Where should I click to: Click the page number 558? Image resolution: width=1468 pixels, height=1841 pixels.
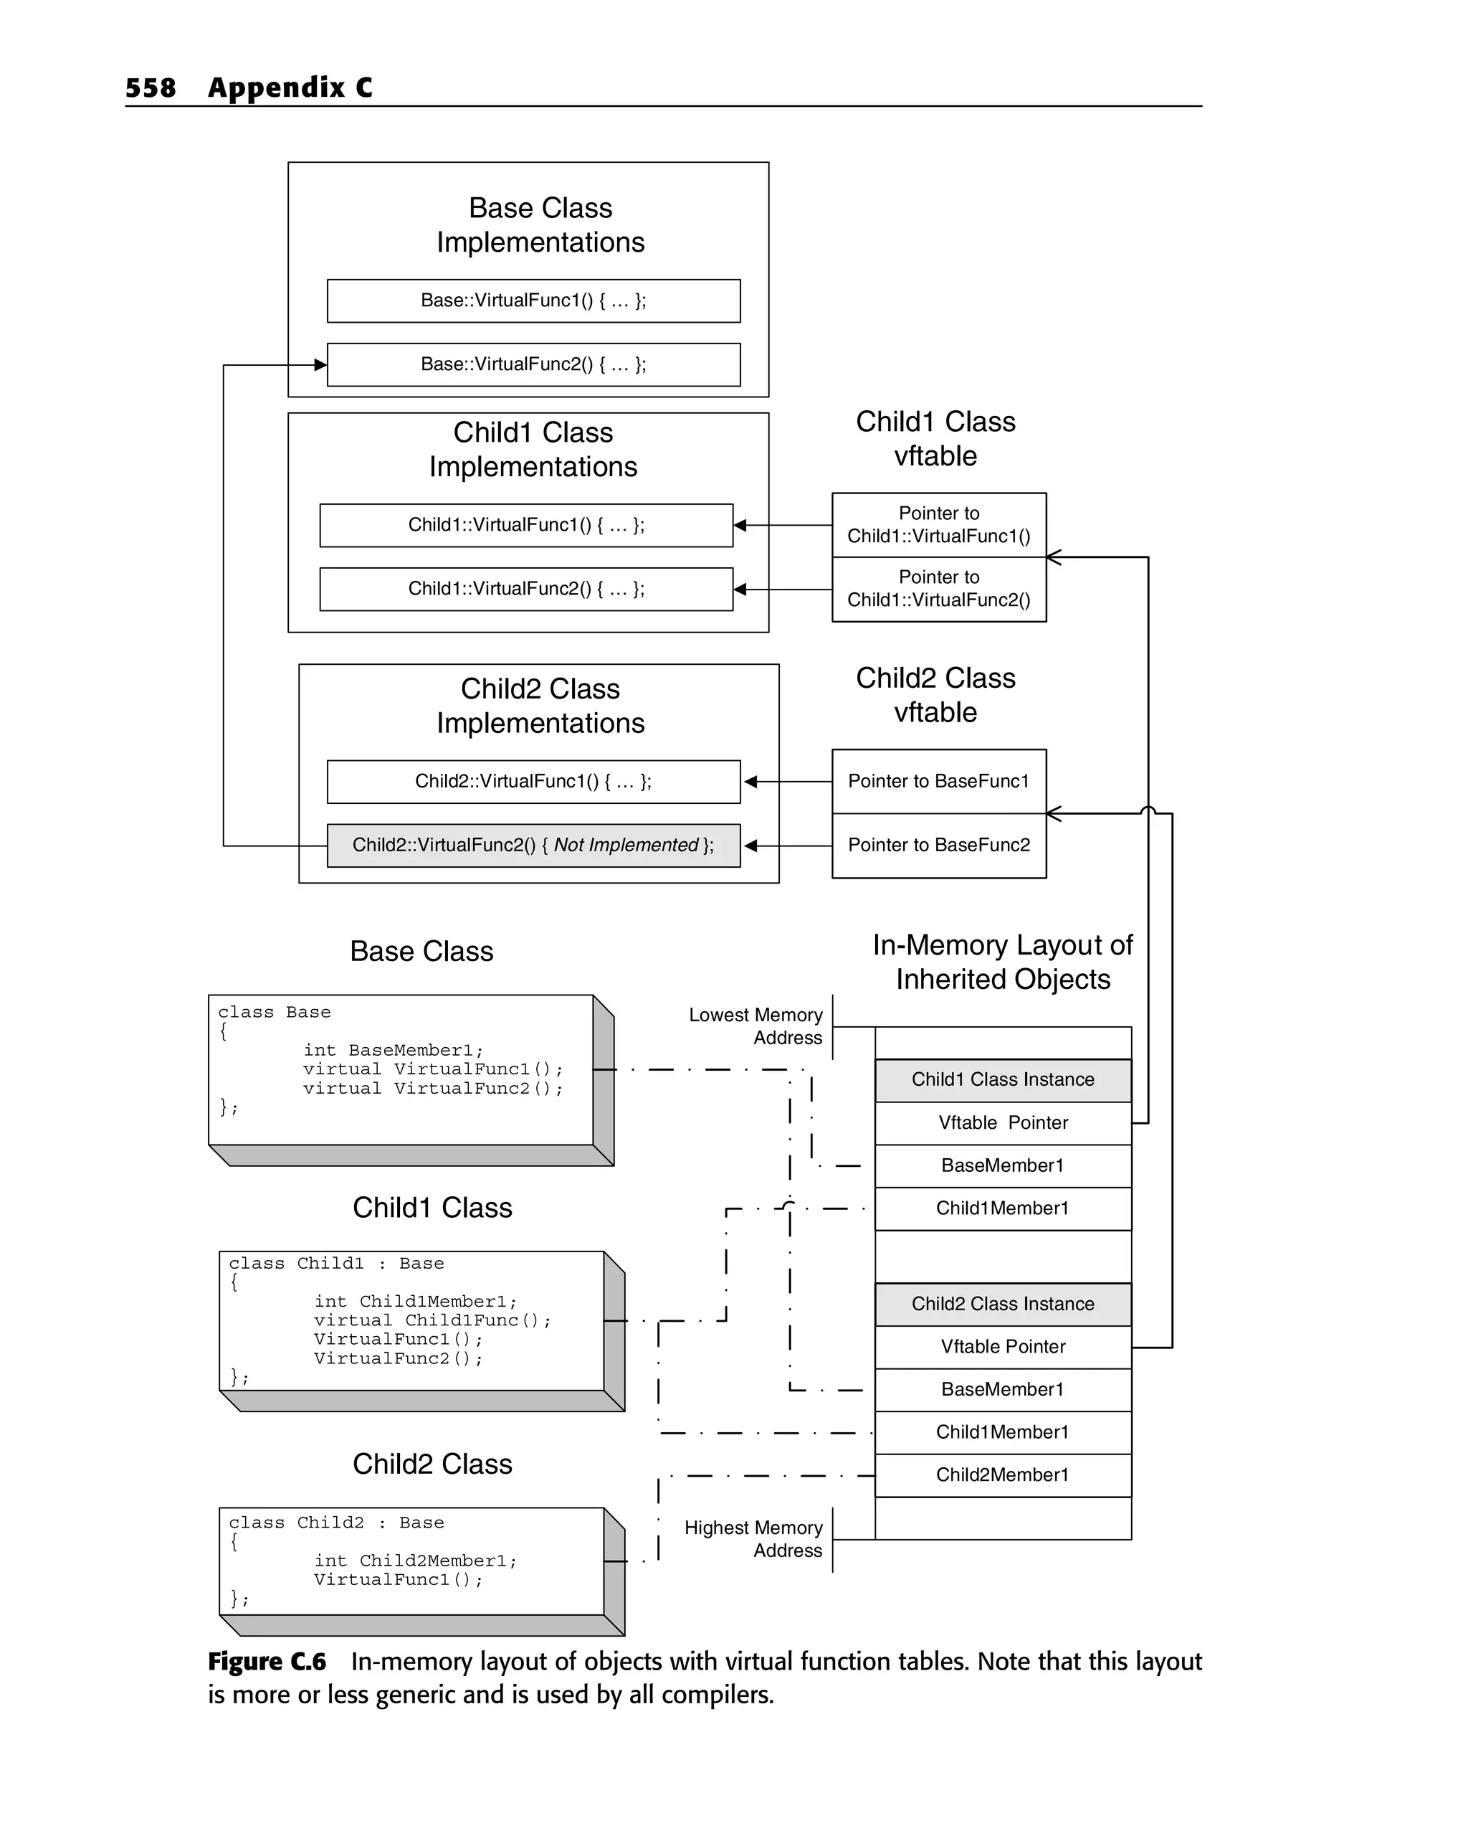coord(151,88)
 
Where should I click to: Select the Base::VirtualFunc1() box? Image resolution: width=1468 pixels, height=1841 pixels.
coord(533,300)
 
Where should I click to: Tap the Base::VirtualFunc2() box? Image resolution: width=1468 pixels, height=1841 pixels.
coord(533,364)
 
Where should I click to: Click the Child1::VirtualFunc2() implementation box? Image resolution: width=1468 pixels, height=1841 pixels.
coord(525,590)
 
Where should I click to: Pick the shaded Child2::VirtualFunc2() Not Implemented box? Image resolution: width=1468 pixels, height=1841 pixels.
coord(533,846)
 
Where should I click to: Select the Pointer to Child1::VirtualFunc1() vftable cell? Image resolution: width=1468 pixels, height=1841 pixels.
coord(939,525)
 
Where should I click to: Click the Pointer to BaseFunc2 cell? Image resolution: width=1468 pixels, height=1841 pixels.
coord(939,846)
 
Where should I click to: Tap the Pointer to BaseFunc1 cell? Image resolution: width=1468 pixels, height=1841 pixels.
coord(939,781)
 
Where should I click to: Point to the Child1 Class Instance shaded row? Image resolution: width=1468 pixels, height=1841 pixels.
coord(1003,1080)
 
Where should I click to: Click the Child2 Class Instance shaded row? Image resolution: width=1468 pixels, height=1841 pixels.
coord(1003,1304)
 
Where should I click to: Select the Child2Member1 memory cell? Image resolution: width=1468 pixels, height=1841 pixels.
coord(1003,1475)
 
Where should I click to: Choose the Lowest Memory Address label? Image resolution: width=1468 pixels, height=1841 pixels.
coord(756,1026)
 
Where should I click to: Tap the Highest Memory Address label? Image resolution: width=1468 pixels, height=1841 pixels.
coord(753,1539)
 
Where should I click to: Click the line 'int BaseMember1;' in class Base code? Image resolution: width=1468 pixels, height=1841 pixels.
coord(394,1050)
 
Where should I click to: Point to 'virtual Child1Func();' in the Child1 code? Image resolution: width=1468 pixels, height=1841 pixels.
coord(433,1320)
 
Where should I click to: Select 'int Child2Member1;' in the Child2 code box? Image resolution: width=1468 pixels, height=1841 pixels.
coord(416,1561)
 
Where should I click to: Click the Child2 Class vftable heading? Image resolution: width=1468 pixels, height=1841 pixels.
coord(935,695)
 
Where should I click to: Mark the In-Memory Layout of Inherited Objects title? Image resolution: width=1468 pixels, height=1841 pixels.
coord(1003,962)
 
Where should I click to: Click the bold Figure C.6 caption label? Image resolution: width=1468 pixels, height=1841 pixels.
coord(267,1662)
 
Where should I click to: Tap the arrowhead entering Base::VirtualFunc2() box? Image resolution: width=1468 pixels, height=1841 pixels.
coord(320,366)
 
